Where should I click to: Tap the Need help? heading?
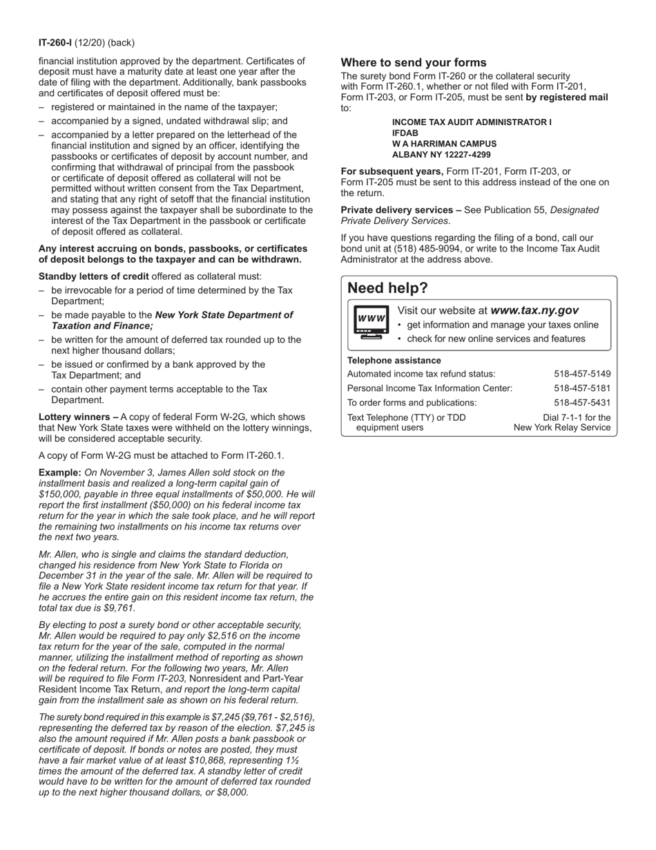pyautogui.click(x=387, y=288)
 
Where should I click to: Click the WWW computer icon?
pyautogui.click(x=370, y=323)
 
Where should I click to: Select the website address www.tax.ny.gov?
pyautogui.click(x=534, y=311)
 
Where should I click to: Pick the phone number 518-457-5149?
pyautogui.click(x=582, y=374)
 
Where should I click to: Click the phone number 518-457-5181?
pyautogui.click(x=582, y=388)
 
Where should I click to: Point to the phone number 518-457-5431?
pyautogui.click(x=582, y=402)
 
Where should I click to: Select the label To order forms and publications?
pyautogui.click(x=412, y=402)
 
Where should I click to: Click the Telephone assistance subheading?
pyautogui.click(x=394, y=360)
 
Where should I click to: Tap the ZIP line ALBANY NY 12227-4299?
pyautogui.click(x=441, y=155)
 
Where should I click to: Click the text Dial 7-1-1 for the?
pyautogui.click(x=577, y=417)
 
